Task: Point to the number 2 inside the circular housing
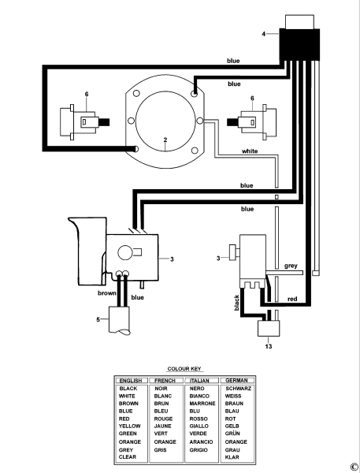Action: pos(165,140)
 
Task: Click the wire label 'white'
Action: pos(249,151)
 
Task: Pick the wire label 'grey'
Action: pos(291,266)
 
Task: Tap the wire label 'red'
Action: pos(291,300)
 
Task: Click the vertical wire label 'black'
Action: pos(236,301)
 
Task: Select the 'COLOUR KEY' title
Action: pos(182,368)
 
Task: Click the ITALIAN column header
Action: pos(200,380)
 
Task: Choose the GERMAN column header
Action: pos(236,380)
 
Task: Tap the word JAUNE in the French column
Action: pos(164,426)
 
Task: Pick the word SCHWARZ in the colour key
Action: pos(237,389)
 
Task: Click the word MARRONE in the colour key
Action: pos(202,404)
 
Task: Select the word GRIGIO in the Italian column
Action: pos(200,449)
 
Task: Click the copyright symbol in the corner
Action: pos(354,466)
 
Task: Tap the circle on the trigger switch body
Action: pos(124,253)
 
